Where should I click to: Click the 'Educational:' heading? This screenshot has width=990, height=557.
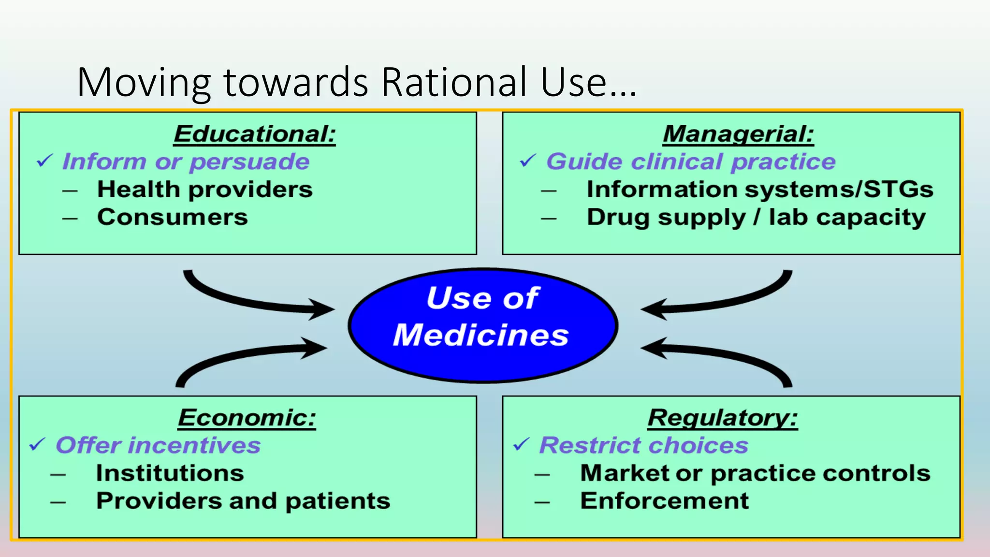click(x=255, y=134)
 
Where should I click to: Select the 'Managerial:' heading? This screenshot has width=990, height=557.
click(x=738, y=134)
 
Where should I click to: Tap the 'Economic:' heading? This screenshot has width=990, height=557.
click(x=247, y=418)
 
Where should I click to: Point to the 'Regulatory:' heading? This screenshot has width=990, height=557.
click(x=723, y=418)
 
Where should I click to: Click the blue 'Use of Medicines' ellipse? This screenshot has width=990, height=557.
click(x=482, y=325)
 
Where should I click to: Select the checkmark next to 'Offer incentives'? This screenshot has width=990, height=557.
click(x=37, y=444)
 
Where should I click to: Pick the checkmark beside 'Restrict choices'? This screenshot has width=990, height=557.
click(x=521, y=444)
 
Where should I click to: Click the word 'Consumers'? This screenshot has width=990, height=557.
click(x=173, y=217)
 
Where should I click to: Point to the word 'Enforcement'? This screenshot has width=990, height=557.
click(x=664, y=501)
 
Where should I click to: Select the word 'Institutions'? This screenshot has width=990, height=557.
click(x=170, y=473)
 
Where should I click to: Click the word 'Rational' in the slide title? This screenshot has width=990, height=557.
click(x=454, y=82)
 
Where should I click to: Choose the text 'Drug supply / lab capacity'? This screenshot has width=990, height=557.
click(x=756, y=218)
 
